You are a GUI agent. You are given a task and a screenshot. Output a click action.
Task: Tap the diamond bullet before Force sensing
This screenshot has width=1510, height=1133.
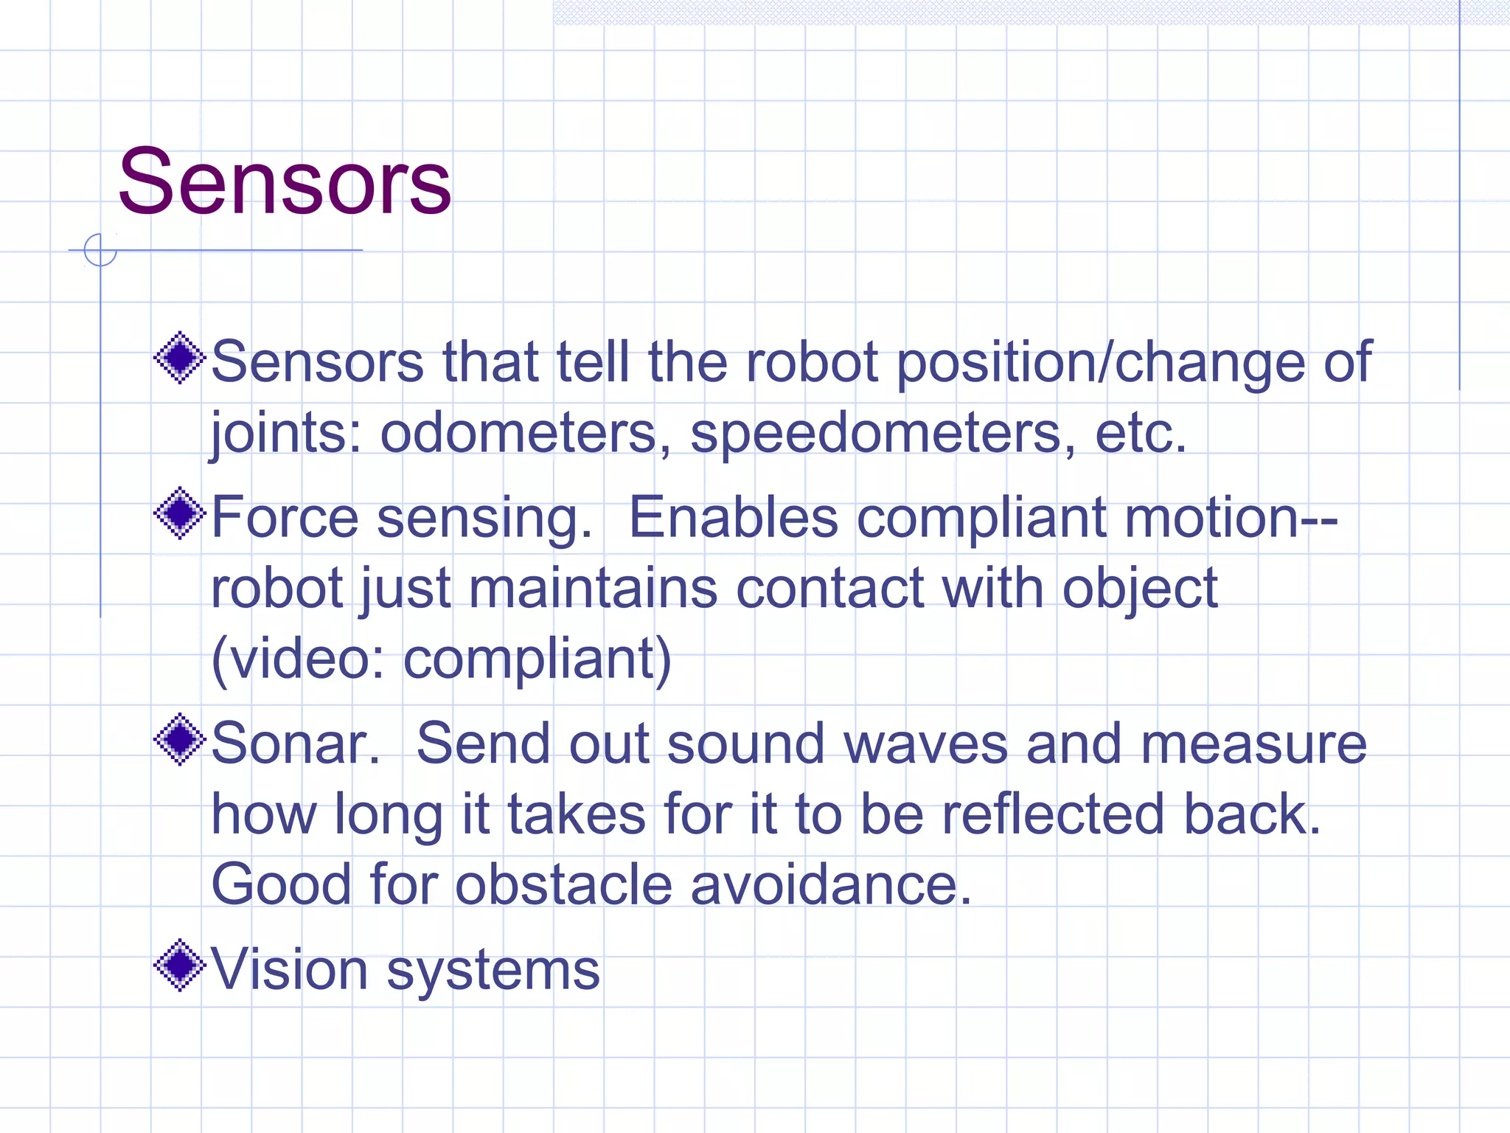179,513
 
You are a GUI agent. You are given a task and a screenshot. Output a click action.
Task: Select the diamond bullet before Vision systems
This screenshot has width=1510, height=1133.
179,965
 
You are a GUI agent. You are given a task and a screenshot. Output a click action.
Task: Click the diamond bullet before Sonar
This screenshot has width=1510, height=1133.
179,739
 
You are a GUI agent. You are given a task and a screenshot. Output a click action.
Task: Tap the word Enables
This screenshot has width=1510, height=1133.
733,517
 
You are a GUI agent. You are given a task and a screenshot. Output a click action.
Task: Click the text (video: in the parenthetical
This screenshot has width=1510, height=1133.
298,658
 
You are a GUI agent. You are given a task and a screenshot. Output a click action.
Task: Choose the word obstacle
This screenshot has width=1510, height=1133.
563,884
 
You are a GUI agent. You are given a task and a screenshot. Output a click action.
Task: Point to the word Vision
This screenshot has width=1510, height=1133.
289,969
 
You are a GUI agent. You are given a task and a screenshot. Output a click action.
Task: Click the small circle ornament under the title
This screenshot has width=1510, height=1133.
100,250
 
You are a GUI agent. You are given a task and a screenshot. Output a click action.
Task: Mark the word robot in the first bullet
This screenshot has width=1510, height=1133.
812,363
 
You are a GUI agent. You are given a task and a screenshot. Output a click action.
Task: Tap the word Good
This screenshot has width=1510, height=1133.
281,884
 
